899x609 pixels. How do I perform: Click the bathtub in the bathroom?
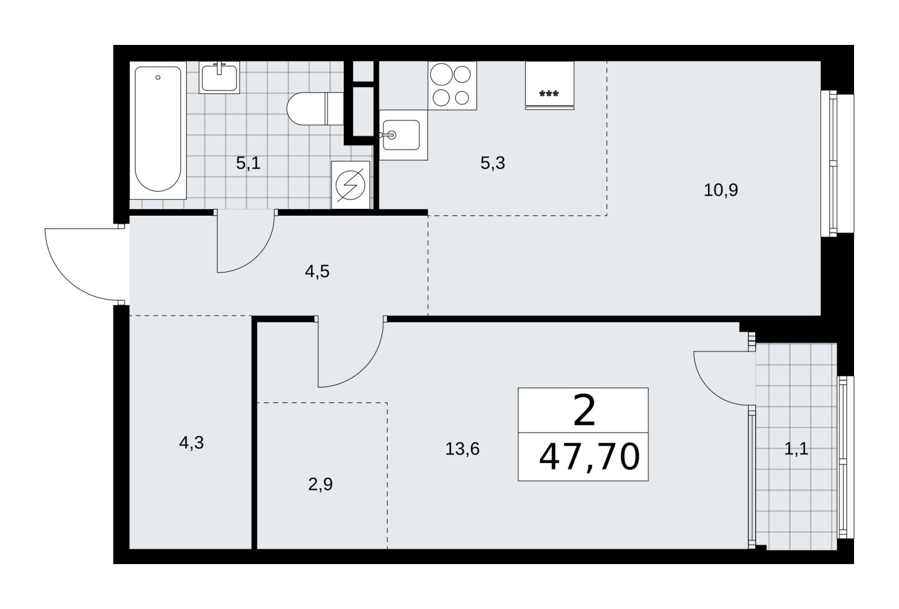click(158, 130)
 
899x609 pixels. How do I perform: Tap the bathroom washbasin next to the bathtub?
click(219, 78)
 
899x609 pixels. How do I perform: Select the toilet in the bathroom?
click(315, 108)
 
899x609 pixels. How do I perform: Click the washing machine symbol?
click(351, 185)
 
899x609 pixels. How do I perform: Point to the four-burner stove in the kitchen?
click(452, 85)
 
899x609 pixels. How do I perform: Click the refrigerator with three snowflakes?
click(550, 85)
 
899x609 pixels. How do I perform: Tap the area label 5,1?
click(248, 163)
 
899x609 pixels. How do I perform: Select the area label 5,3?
click(492, 163)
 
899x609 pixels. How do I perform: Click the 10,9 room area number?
click(721, 190)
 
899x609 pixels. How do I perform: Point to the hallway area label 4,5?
click(317, 271)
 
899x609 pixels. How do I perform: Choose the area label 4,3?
click(192, 443)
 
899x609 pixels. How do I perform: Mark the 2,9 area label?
click(320, 484)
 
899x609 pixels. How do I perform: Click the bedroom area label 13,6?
click(462, 448)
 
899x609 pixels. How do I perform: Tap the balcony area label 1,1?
click(796, 449)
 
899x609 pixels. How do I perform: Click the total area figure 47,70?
click(589, 457)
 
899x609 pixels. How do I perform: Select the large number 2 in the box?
click(584, 411)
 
